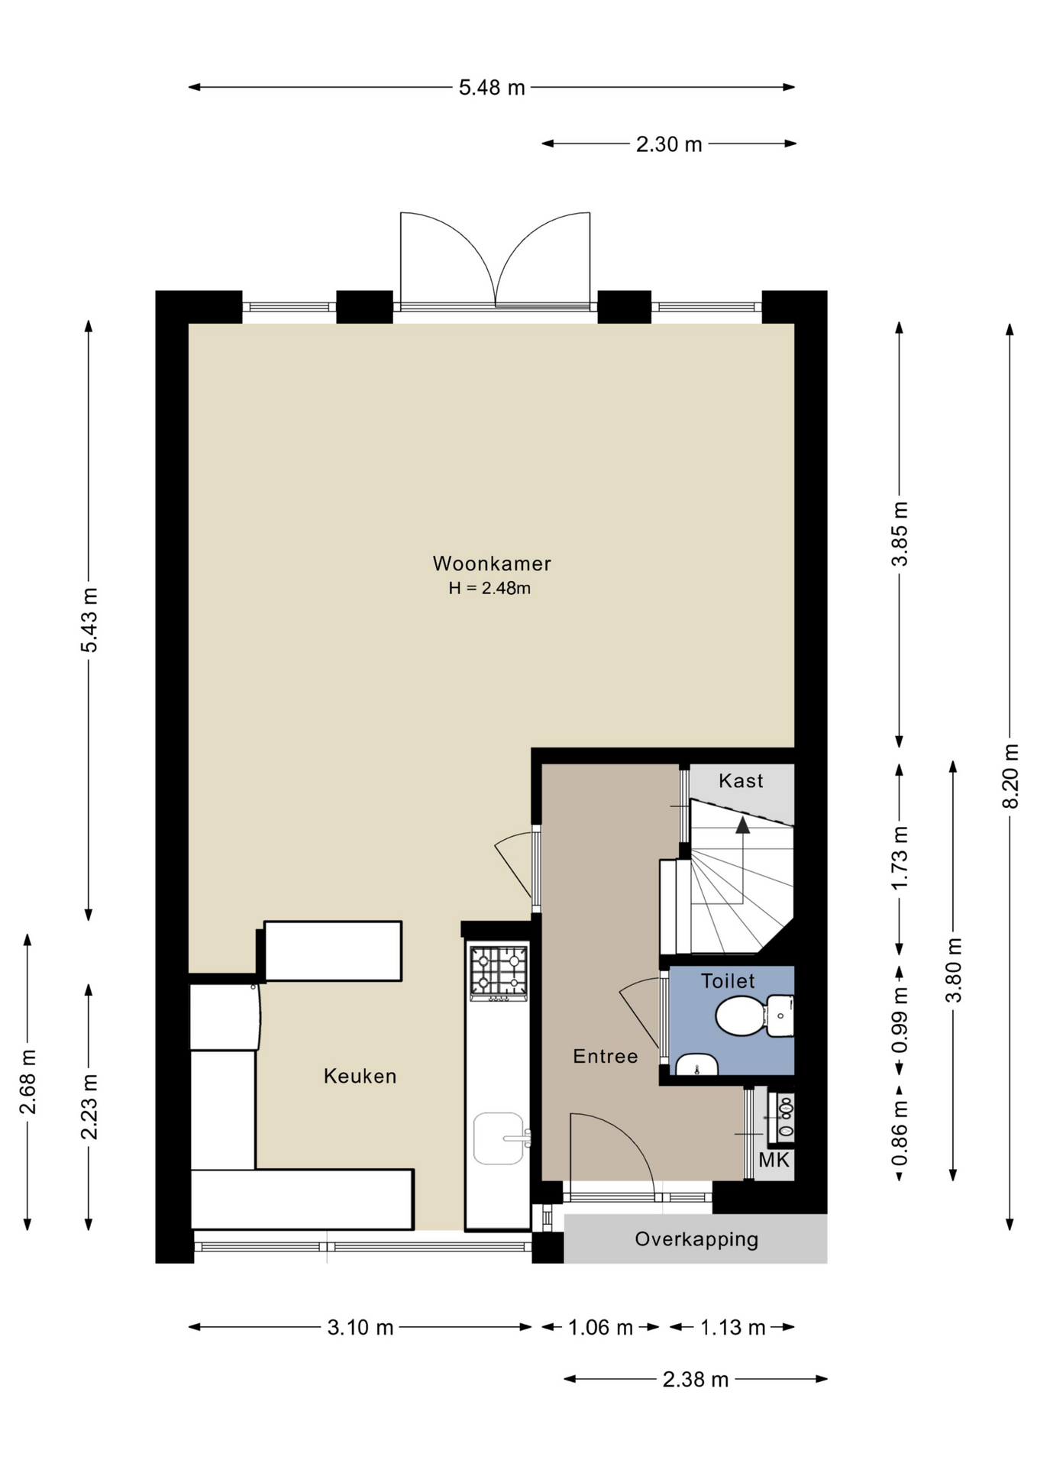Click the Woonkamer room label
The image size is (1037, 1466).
pos(492,563)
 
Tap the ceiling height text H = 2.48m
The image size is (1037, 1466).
pos(489,588)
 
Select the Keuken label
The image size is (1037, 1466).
pos(360,1076)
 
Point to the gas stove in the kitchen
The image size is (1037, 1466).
pos(499,974)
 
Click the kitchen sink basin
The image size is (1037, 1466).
pos(498,1138)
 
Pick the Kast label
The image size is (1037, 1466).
pos(741,780)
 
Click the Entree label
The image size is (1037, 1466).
pos(606,1056)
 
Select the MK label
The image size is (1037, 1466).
pos(774,1161)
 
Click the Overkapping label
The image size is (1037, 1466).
pos(696,1239)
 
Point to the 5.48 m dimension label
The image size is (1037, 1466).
pos(492,88)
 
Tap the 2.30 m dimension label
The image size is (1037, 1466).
pos(669,144)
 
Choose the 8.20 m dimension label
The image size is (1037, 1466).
pos(1010,776)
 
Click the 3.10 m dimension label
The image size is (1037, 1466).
pos(360,1328)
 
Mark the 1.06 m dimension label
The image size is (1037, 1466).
pos(600,1328)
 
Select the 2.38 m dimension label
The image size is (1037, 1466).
pos(696,1380)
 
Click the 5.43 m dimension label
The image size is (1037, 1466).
pos(89,620)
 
